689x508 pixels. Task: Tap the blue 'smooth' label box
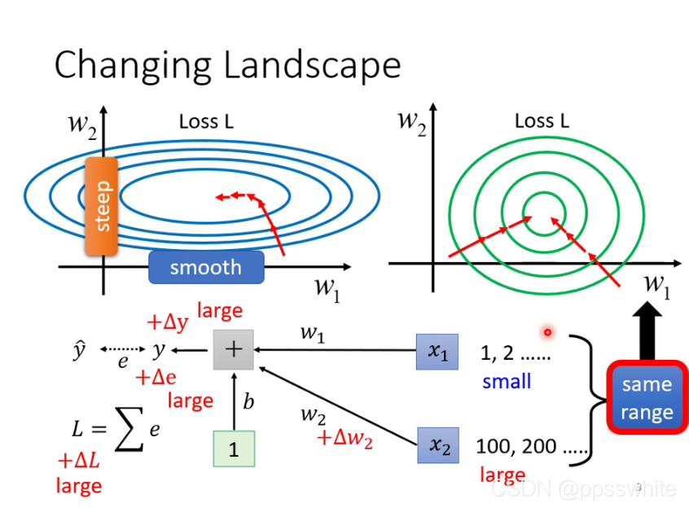click(206, 267)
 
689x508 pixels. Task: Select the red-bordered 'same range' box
click(646, 397)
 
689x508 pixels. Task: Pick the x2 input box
click(438, 445)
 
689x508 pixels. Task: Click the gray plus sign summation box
click(234, 350)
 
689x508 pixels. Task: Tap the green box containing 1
click(234, 449)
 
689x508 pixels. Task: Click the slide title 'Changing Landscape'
click(227, 65)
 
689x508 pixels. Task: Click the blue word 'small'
click(507, 381)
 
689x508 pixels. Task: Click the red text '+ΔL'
click(78, 461)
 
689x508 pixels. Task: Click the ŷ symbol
click(78, 350)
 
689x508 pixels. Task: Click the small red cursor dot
click(548, 331)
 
